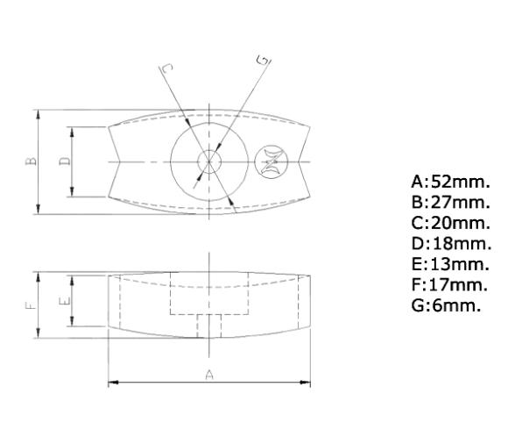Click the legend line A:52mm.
coord(450,183)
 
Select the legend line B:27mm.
coord(450,203)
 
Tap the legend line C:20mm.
coord(450,223)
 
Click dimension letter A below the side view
coord(209,375)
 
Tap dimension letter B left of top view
coord(29,161)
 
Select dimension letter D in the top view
coord(64,161)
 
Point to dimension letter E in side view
coord(64,300)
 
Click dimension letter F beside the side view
coord(29,305)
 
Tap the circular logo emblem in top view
coord(271,162)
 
